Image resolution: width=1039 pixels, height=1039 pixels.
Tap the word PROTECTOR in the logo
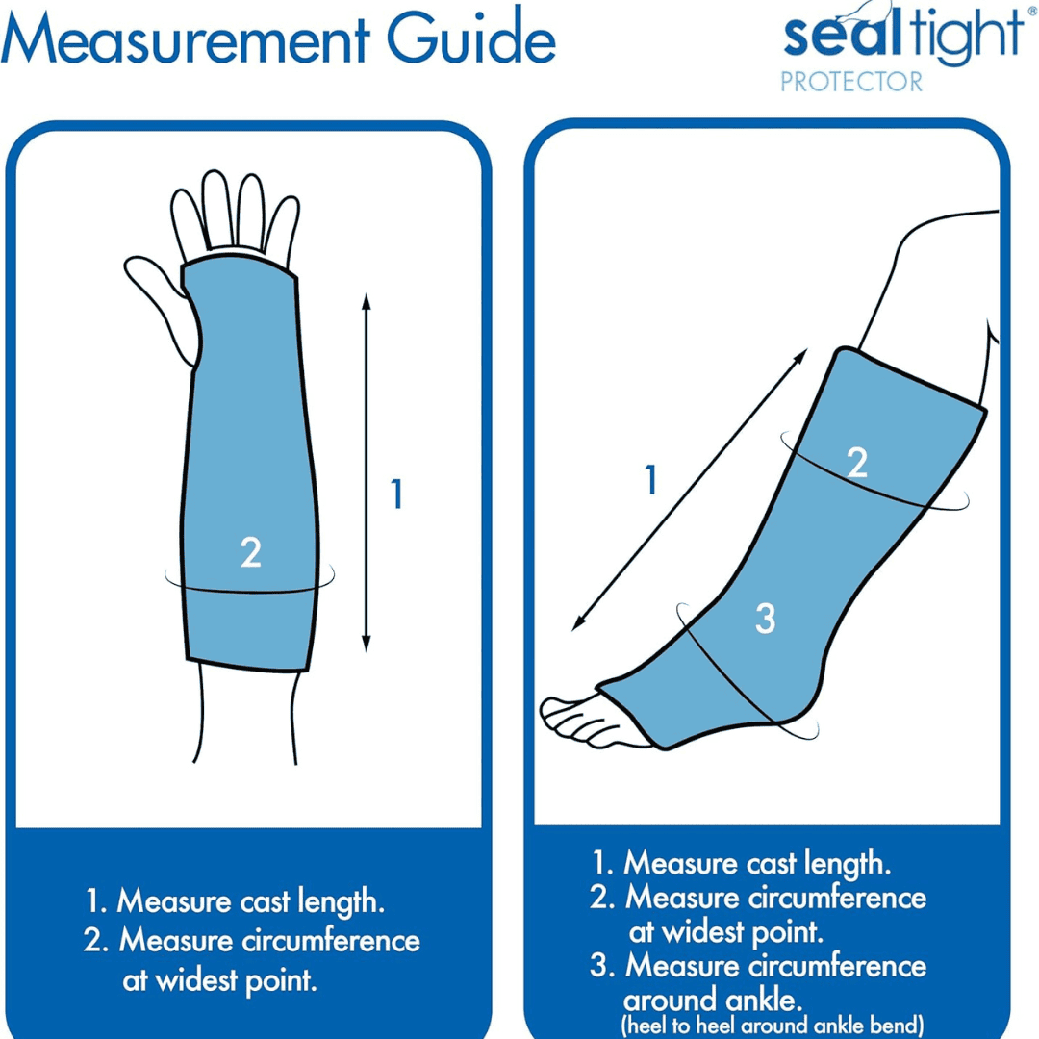coord(850,82)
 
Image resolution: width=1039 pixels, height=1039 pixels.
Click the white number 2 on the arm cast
coord(250,552)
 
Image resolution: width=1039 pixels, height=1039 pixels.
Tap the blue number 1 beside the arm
coord(395,494)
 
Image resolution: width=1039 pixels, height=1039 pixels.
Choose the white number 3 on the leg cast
coord(765,619)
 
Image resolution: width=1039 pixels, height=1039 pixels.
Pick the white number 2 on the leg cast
coord(856,463)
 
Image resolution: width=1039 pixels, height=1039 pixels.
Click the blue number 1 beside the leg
coord(651,480)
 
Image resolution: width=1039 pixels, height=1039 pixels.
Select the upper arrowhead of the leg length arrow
coord(802,355)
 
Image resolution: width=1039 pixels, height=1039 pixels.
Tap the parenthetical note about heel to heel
coord(772,1025)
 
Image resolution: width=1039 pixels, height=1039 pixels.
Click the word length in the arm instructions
coord(340,902)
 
